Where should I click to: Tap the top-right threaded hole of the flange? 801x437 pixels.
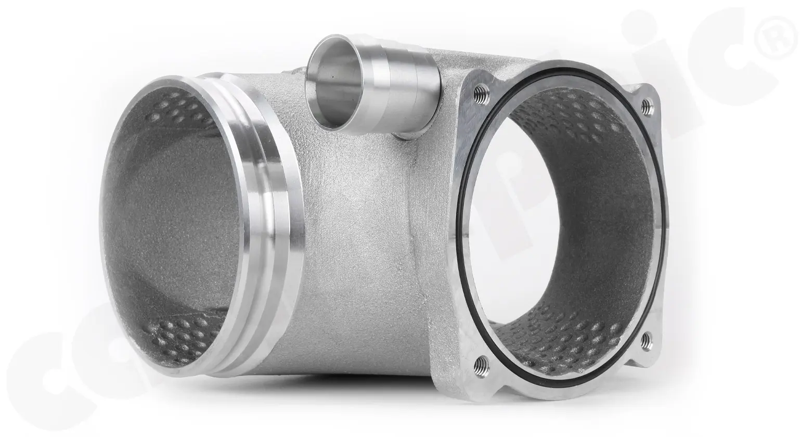click(647, 106)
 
